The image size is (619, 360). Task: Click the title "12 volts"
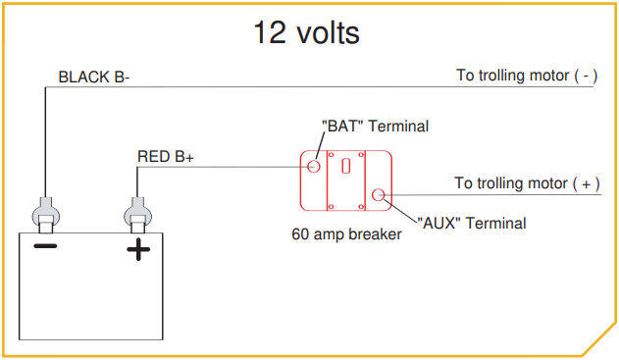click(306, 32)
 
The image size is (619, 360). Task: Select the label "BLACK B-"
click(94, 77)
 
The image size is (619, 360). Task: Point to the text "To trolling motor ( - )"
click(527, 76)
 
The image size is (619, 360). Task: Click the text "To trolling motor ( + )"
click(527, 183)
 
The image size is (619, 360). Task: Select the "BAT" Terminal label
click(376, 127)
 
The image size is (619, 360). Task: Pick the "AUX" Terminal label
click(472, 223)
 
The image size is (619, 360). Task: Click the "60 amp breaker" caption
click(346, 235)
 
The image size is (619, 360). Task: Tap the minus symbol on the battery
click(45, 246)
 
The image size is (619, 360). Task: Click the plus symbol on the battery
click(138, 250)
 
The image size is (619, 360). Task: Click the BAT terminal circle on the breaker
click(314, 166)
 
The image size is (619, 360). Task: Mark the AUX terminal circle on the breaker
click(378, 194)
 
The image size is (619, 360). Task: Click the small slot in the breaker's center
click(345, 166)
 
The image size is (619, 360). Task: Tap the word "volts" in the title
click(327, 32)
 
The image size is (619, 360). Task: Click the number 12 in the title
click(270, 32)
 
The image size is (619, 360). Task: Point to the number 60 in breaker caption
click(301, 235)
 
